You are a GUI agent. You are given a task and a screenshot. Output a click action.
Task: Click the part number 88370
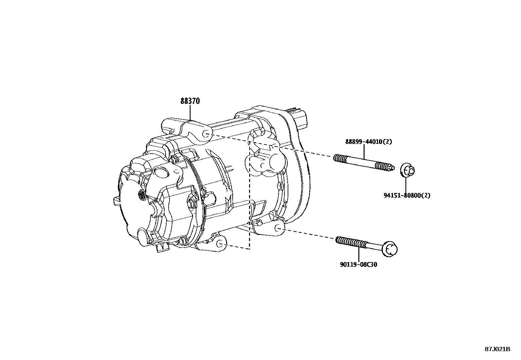coord(190,101)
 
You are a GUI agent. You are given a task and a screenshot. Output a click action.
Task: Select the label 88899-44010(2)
coord(368,142)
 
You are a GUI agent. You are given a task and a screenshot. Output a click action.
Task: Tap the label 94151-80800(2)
coord(407,196)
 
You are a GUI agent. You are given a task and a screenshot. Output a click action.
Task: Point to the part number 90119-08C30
coord(358,264)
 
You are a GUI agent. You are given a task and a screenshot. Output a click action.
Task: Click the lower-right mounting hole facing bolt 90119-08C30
coord(278,228)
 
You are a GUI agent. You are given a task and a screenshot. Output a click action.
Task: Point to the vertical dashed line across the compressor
coord(249,197)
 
